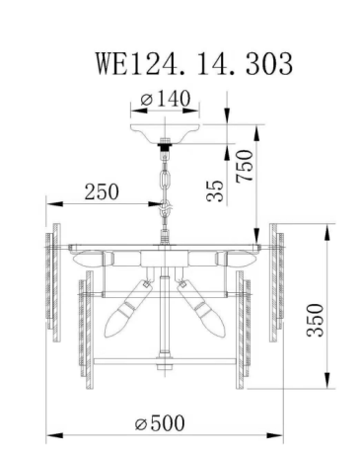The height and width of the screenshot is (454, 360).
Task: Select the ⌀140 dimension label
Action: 167,99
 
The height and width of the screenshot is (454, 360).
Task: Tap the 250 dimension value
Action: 102,190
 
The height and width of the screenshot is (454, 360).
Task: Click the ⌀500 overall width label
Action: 160,422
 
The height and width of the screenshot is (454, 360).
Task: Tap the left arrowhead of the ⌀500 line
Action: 52,434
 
